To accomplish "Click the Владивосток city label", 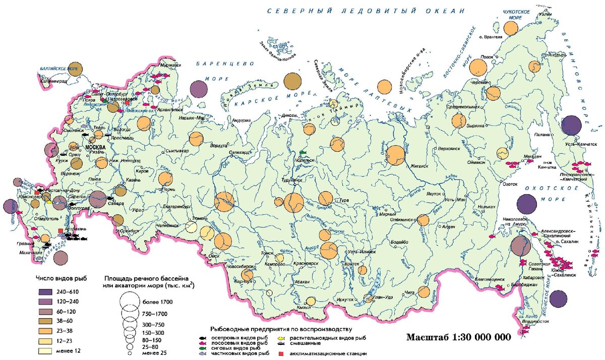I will click(528, 321).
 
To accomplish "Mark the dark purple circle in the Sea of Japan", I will click(558, 298).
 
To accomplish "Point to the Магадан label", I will click(532, 156).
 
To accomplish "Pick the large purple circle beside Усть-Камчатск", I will click(571, 125).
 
